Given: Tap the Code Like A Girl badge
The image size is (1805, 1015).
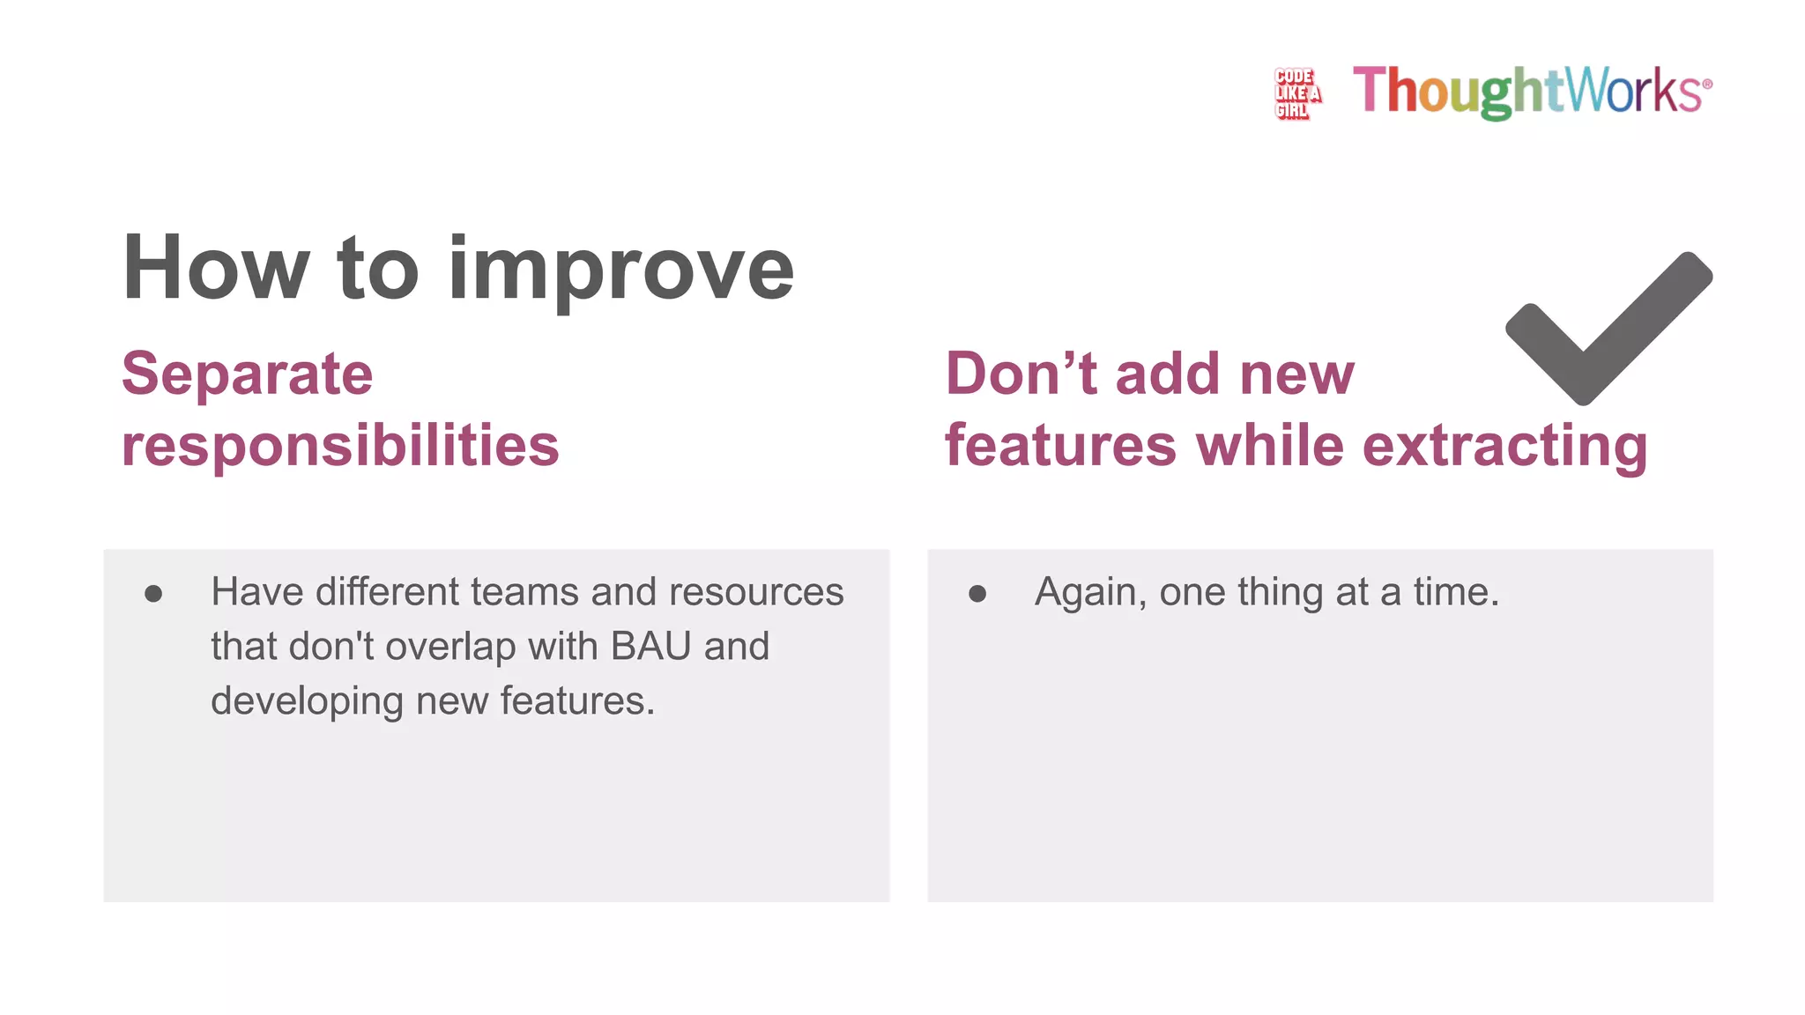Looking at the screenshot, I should [x=1296, y=93].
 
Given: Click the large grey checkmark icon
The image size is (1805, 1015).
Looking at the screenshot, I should [x=1608, y=330].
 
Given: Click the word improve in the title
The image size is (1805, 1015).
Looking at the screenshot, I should [x=621, y=270].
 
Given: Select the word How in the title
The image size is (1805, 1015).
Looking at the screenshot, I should [x=216, y=268].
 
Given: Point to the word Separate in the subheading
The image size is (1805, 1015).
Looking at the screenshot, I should [x=248, y=374].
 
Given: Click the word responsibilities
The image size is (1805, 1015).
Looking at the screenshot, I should [x=340, y=445].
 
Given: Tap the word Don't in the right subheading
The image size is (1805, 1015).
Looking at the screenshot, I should [x=1020, y=374].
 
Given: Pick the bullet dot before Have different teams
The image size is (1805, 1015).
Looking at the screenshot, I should [x=153, y=594].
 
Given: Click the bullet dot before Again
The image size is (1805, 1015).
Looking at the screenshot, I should [x=977, y=594].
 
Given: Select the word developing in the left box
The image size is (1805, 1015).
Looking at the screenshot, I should [x=307, y=701].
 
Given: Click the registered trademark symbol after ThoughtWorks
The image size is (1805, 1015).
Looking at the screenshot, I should [x=1707, y=85].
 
